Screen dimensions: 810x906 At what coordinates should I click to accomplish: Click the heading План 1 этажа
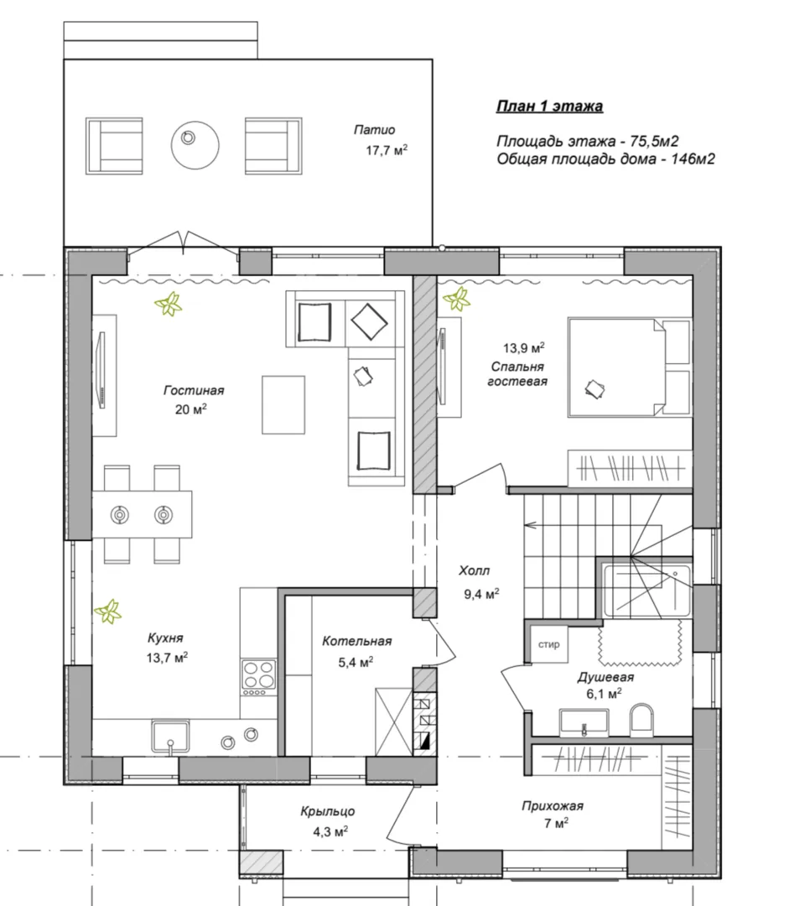[x=549, y=107]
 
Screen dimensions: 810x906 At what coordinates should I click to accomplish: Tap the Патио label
[x=374, y=130]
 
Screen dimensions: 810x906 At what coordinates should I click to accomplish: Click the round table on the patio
[x=195, y=144]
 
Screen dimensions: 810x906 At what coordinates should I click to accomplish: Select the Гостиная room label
[x=194, y=391]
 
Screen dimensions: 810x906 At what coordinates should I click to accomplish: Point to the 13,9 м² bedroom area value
[x=523, y=348]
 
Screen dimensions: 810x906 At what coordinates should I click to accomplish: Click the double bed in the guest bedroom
[x=629, y=367]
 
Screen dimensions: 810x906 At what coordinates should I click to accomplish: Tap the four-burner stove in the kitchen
[x=258, y=677]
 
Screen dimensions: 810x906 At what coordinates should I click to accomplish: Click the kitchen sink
[x=170, y=737]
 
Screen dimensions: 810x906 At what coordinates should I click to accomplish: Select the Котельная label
[x=357, y=642]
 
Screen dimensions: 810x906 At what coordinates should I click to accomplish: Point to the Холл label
[x=475, y=571]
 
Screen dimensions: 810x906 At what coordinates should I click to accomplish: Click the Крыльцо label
[x=328, y=811]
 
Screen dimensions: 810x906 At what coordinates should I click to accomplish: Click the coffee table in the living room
[x=283, y=404]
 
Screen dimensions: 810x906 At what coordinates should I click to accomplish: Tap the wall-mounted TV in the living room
[x=101, y=371]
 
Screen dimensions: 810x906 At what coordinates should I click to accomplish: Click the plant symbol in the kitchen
[x=108, y=612]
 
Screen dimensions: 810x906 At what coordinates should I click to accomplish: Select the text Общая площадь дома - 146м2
[x=605, y=159]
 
